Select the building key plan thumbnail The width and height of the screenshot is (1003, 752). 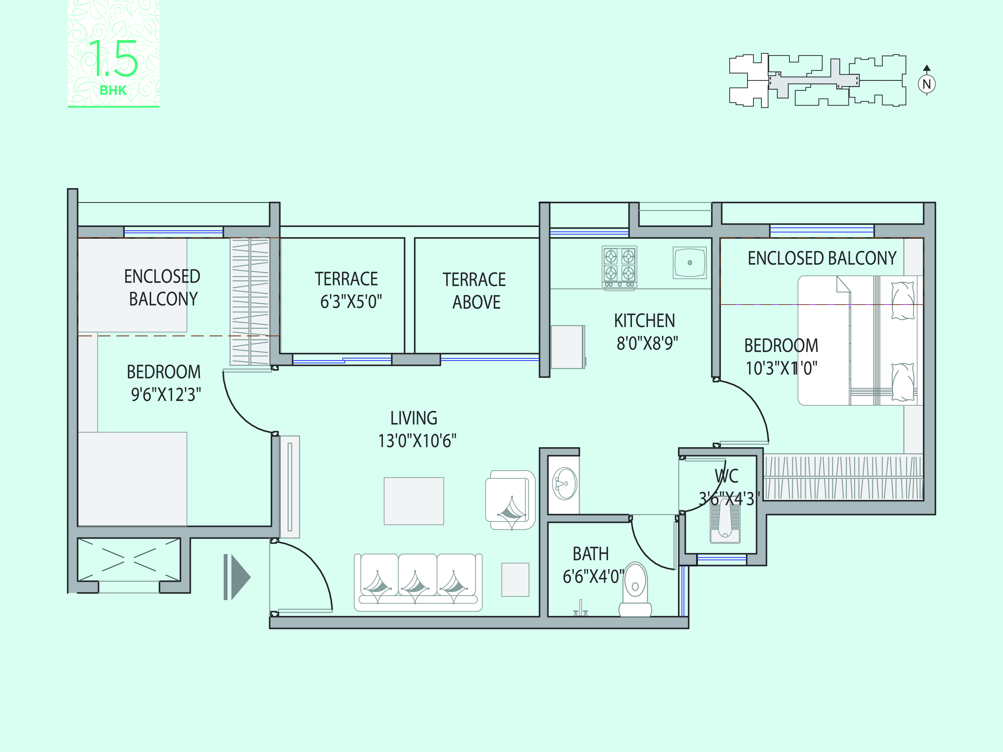818,81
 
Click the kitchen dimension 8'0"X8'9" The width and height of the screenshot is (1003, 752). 647,343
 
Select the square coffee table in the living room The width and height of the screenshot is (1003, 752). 414,501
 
